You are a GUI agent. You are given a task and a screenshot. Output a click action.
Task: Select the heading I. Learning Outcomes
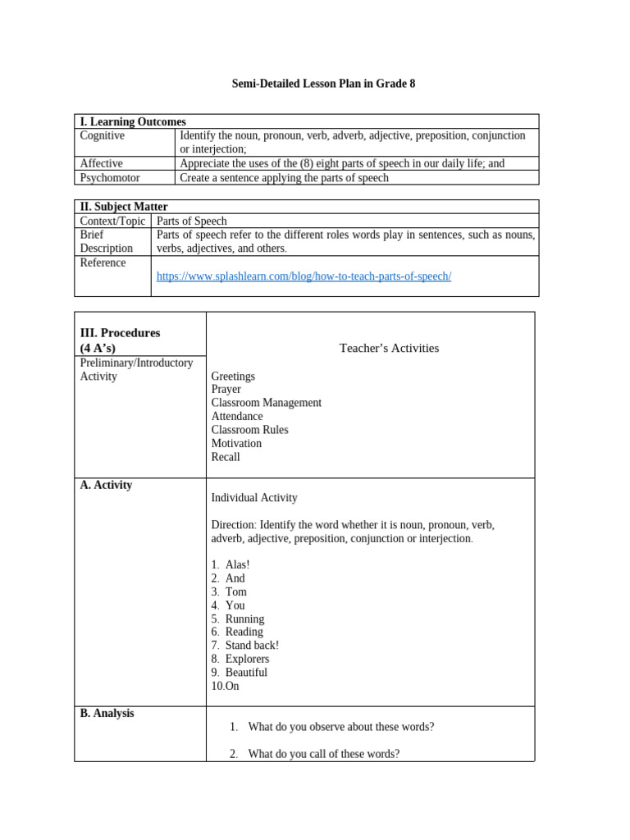133,121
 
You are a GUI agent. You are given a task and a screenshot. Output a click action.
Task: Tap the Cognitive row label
103,135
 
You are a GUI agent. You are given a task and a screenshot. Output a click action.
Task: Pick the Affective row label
102,163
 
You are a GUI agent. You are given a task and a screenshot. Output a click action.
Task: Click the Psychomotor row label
110,177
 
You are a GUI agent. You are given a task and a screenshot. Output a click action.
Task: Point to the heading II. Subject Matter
124,207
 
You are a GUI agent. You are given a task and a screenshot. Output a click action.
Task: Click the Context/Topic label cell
112,221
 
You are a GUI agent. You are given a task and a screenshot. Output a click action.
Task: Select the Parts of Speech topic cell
192,221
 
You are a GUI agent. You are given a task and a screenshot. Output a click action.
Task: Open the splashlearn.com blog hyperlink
304,276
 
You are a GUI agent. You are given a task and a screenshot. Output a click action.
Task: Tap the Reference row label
103,262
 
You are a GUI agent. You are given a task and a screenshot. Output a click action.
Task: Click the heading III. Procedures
120,333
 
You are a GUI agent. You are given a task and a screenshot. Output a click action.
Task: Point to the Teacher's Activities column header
389,348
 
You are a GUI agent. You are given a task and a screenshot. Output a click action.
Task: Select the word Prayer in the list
226,390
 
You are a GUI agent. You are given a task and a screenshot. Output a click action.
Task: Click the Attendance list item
237,416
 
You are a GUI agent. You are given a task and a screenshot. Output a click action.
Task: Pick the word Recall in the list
226,457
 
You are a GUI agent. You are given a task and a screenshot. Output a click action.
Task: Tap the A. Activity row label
106,485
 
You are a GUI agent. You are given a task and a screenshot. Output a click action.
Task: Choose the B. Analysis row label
107,713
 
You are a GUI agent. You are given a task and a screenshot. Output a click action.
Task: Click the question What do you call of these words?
323,753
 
